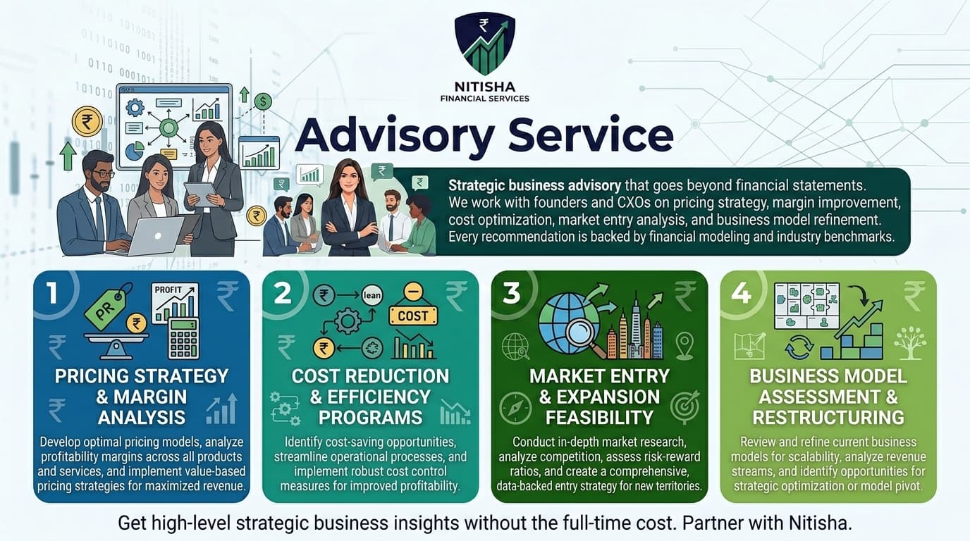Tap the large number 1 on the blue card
[50, 294]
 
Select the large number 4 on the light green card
[740, 293]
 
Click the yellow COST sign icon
[412, 316]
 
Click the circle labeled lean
[372, 295]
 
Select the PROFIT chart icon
[175, 301]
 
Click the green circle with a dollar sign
[263, 101]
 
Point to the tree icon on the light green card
[909, 343]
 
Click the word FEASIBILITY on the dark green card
[599, 417]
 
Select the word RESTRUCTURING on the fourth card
[828, 417]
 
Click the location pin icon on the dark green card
[684, 345]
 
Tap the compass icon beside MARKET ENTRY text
[515, 407]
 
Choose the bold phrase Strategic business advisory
[534, 186]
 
